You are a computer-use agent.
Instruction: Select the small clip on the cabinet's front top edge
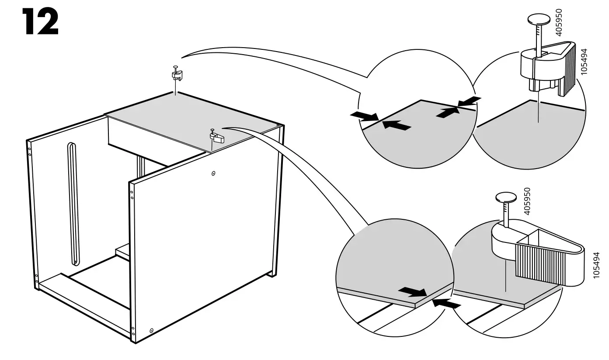tap(216, 137)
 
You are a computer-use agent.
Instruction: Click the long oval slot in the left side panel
tap(73, 203)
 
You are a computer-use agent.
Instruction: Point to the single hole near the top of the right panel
tap(213, 173)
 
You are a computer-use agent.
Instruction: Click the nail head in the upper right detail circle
tap(538, 20)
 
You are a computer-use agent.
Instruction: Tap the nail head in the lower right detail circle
tap(506, 198)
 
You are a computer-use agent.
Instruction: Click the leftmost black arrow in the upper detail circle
tap(363, 116)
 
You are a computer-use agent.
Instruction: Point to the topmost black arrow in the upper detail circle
tap(470, 101)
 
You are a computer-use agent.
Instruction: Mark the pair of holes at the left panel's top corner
tap(30, 151)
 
